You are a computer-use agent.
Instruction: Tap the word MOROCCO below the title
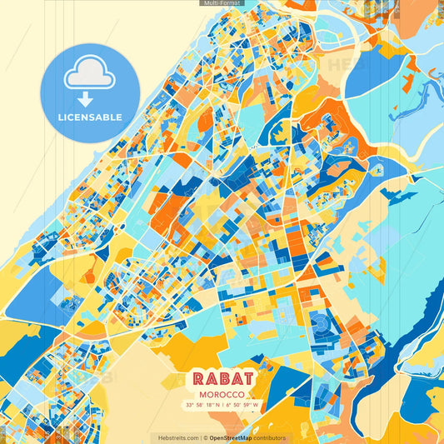pyautogui.click(x=221, y=393)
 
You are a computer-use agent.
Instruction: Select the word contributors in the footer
pyautogui.click(x=270, y=437)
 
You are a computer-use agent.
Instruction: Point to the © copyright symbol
pyautogui.click(x=205, y=437)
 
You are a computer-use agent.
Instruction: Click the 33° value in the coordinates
pyautogui.click(x=191, y=406)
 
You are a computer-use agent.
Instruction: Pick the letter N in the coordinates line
pyautogui.click(x=217, y=406)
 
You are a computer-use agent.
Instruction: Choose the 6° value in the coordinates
pyautogui.click(x=228, y=406)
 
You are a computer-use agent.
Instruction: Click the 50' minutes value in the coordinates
pyautogui.click(x=237, y=406)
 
